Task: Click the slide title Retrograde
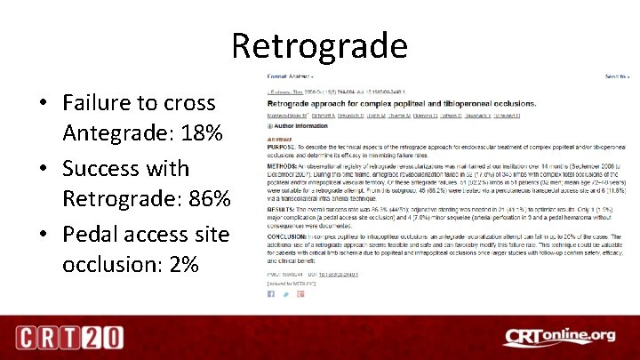[x=320, y=44]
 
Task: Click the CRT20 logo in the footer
[x=68, y=337]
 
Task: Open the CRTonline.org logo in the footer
[x=559, y=336]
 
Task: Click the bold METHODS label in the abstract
[x=283, y=167]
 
